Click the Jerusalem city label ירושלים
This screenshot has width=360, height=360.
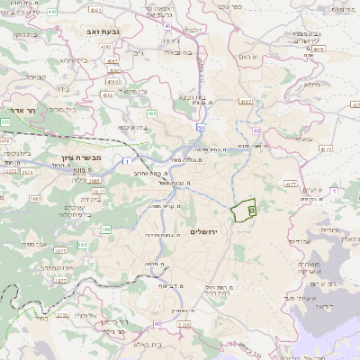(x=206, y=231)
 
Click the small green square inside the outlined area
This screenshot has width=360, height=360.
(x=251, y=209)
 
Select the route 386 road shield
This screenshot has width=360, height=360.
(x=106, y=229)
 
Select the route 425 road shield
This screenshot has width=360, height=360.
(x=5, y=121)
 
